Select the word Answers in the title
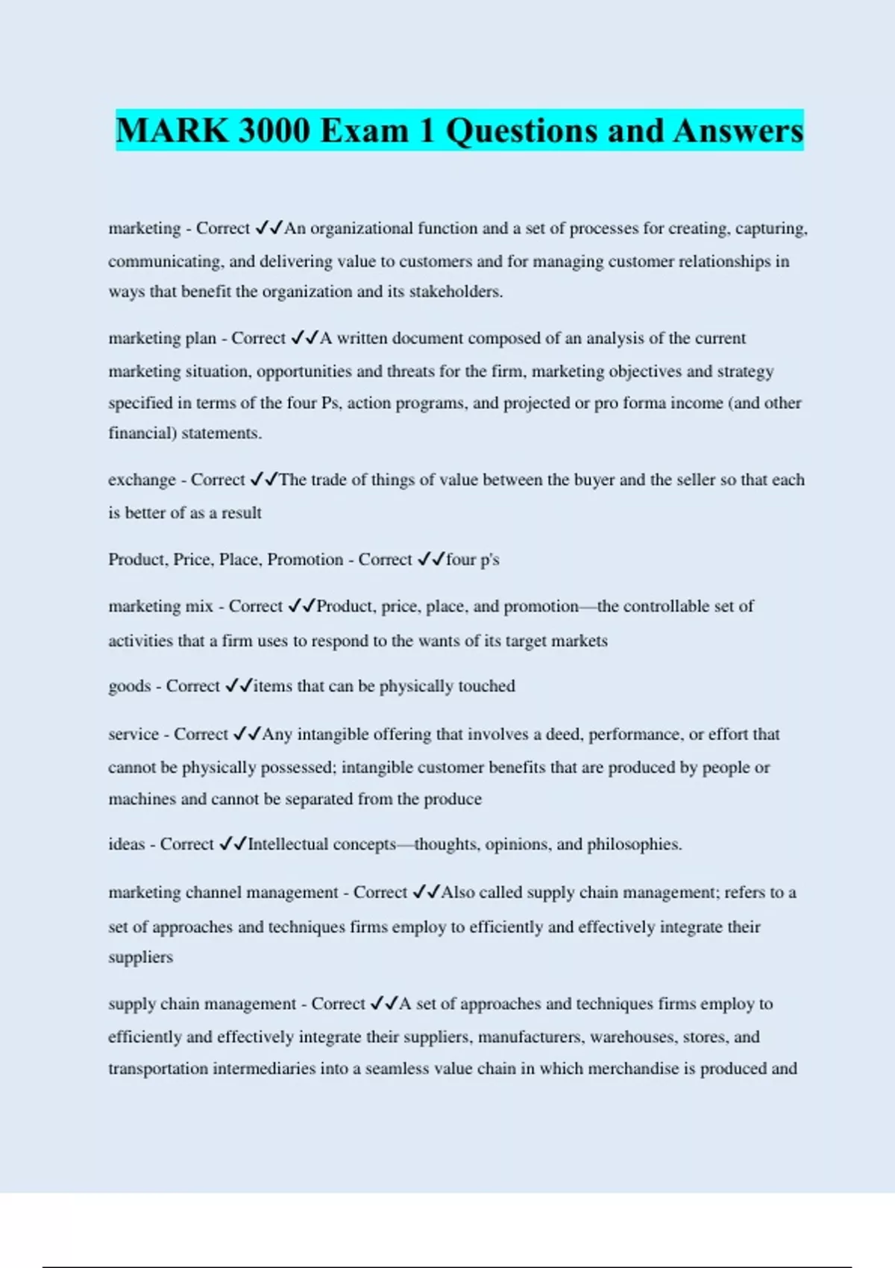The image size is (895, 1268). [x=738, y=131]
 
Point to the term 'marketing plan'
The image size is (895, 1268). [x=162, y=339]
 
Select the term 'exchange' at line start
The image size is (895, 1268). [x=142, y=480]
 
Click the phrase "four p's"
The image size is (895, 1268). [x=472, y=559]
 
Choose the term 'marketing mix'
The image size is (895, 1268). [x=160, y=606]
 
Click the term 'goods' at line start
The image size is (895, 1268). [x=129, y=686]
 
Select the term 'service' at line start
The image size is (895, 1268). [x=134, y=734]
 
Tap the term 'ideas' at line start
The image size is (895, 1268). [x=126, y=844]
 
